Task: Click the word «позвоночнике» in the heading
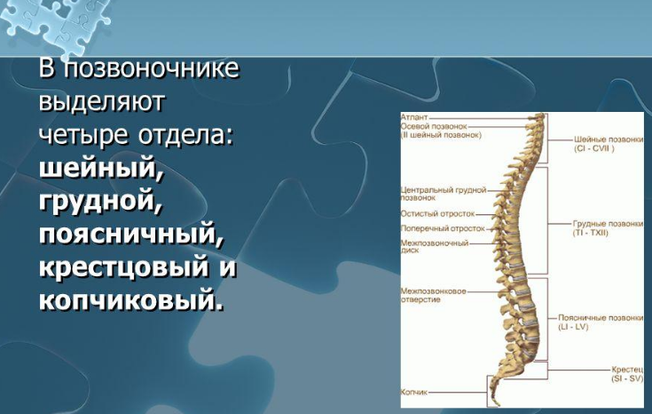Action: click(x=152, y=68)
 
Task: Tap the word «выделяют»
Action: click(x=102, y=101)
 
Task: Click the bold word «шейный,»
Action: click(x=101, y=168)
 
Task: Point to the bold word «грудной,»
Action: click(x=99, y=201)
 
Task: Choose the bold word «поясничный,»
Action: click(x=131, y=234)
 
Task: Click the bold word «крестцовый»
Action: click(x=123, y=267)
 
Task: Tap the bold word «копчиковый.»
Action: click(x=131, y=300)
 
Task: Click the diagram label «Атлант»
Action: click(x=414, y=118)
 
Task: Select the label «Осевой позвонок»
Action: click(x=434, y=126)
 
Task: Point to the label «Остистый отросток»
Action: click(x=437, y=214)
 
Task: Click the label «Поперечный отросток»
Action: click(x=443, y=228)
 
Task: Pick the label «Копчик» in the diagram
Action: click(x=413, y=392)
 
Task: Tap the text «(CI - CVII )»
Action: click(x=593, y=148)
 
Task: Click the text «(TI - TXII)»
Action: click(x=591, y=233)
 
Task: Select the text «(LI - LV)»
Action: click(x=573, y=327)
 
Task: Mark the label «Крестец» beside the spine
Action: click(x=627, y=370)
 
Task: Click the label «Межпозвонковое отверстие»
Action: click(x=433, y=295)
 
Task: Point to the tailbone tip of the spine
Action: click(x=498, y=404)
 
